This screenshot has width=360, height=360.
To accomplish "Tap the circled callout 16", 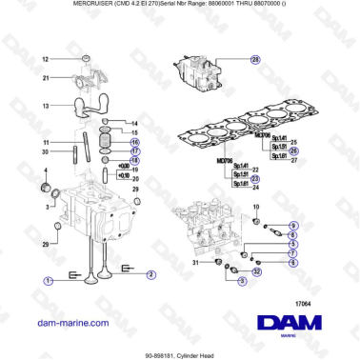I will click(x=134, y=141).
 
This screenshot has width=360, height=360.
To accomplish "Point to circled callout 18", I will click(x=134, y=161).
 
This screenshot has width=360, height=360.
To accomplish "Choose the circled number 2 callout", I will click(x=151, y=276).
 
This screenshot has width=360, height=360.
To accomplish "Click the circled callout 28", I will click(x=255, y=60).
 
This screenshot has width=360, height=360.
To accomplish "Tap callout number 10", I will click(x=255, y=207).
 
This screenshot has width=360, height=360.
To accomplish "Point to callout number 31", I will click(x=197, y=263).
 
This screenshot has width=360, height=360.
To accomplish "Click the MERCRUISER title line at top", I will click(x=179, y=6).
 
